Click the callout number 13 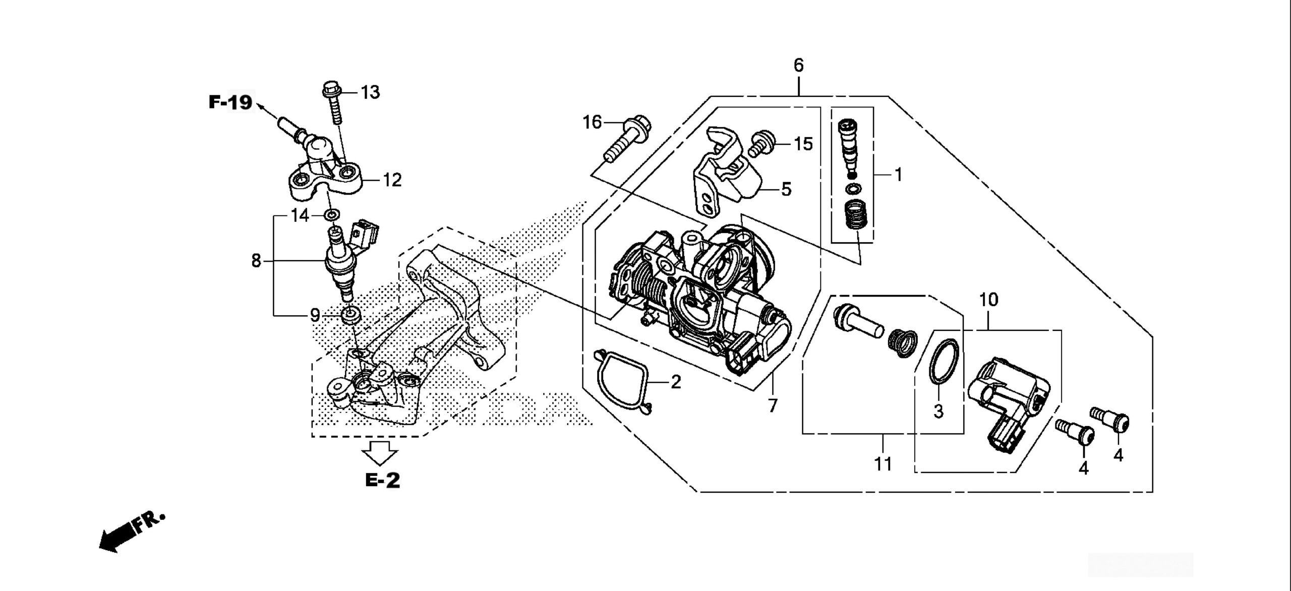tap(370, 93)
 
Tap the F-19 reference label tap(230, 103)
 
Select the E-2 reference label tap(383, 480)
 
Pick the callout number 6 tap(798, 66)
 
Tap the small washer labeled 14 tap(331, 216)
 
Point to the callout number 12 tap(392, 180)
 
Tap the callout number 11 tap(883, 464)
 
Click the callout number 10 tap(988, 300)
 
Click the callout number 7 tap(773, 405)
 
